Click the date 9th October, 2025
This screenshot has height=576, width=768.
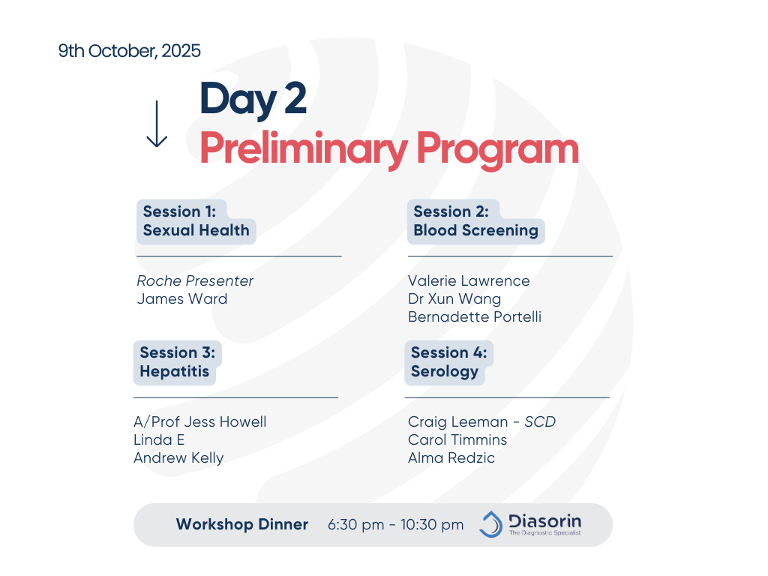(129, 51)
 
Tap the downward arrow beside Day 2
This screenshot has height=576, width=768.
(157, 124)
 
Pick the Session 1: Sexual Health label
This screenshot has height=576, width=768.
(196, 221)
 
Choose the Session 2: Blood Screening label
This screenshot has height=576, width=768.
(475, 221)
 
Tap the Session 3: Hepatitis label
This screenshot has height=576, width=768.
(177, 362)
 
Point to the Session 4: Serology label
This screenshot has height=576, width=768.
(448, 362)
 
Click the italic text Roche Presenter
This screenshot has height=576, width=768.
(195, 280)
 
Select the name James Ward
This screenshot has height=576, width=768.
(182, 298)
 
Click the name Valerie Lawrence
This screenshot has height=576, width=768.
(469, 280)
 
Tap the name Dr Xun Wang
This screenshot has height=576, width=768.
(454, 299)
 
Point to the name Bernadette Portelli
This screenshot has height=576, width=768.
(475, 317)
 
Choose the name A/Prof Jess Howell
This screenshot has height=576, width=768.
(199, 421)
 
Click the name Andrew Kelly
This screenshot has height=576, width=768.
(178, 458)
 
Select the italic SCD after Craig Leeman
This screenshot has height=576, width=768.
(540, 421)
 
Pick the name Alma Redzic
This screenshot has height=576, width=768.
(451, 458)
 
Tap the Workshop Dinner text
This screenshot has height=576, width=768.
(242, 524)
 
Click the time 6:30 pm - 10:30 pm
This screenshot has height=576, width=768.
(395, 524)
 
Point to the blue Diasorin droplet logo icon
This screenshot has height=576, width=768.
(491, 524)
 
